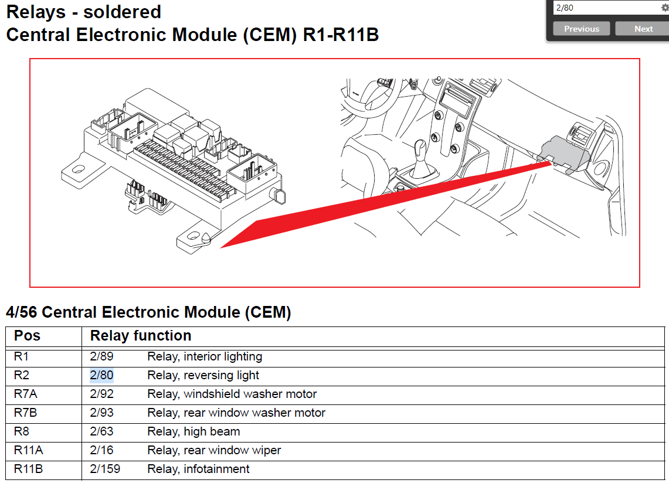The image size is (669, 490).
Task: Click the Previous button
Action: pyautogui.click(x=581, y=29)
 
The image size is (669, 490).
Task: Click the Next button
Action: pyautogui.click(x=643, y=29)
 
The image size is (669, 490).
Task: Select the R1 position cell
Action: pyautogui.click(x=21, y=356)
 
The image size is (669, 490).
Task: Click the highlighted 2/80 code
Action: pyautogui.click(x=101, y=375)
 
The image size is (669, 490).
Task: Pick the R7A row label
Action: pyautogui.click(x=25, y=394)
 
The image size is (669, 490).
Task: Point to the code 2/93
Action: pyautogui.click(x=101, y=413)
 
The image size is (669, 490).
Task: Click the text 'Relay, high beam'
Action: pyautogui.click(x=193, y=431)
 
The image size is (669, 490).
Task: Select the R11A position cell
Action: pyautogui.click(x=28, y=450)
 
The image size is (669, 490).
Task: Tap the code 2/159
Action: pyautogui.click(x=104, y=469)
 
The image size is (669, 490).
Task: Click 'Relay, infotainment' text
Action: pyautogui.click(x=198, y=469)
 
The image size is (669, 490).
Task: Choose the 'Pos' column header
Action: pyautogui.click(x=27, y=336)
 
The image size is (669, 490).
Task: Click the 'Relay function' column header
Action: pyautogui.click(x=141, y=336)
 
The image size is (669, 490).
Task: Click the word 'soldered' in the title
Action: pyautogui.click(x=123, y=12)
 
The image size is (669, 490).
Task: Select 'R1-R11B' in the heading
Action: pyautogui.click(x=341, y=35)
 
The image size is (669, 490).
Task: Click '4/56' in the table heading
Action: pyautogui.click(x=22, y=312)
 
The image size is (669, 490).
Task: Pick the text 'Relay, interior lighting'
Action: pyautogui.click(x=205, y=356)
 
